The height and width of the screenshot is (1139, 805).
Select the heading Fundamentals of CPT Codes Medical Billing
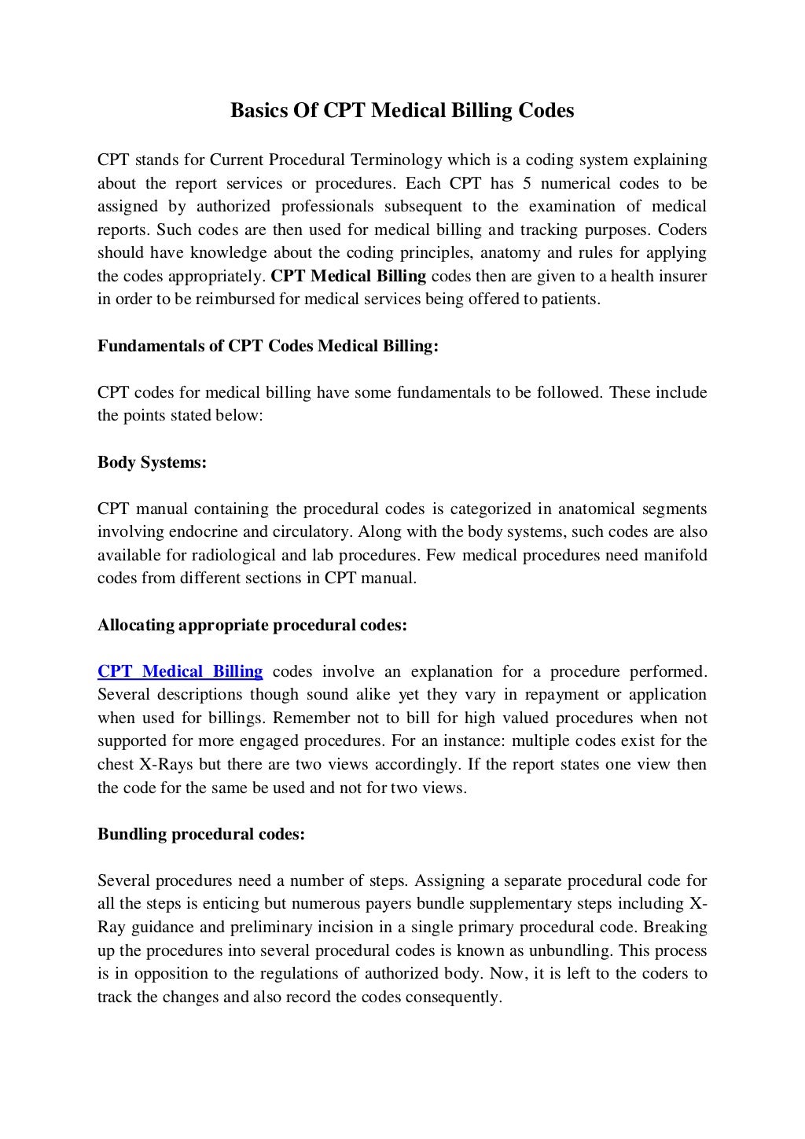point(267,346)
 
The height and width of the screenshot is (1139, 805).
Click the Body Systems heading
point(152,462)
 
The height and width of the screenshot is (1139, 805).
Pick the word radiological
point(233,555)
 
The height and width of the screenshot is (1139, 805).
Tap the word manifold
point(672,555)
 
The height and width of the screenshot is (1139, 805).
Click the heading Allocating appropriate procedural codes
point(252,625)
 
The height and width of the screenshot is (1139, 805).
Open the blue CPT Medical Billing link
point(180,671)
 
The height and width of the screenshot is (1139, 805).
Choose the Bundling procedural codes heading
point(200,834)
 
